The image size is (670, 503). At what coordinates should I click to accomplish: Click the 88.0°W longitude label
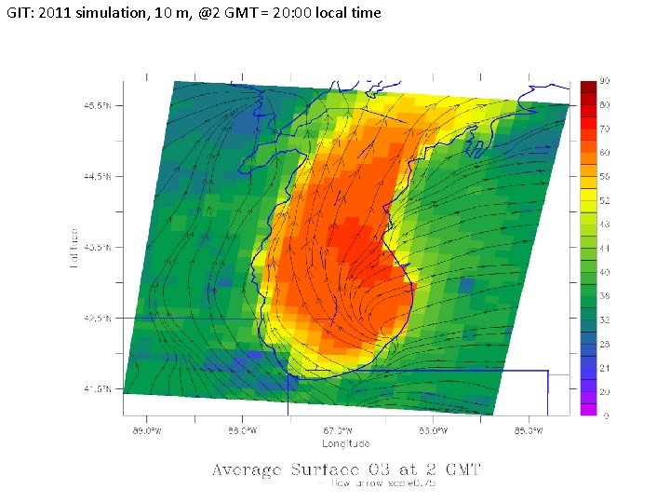coord(241,431)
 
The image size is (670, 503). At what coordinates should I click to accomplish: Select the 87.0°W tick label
coord(337,431)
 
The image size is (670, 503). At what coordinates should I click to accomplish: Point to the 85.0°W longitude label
coord(528,431)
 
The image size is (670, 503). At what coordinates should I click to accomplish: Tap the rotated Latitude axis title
coord(74,247)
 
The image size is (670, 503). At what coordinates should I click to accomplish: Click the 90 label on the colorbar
coord(605,81)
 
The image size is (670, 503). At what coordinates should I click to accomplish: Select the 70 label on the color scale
coord(605,129)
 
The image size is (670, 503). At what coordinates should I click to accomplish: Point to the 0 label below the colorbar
coord(606,415)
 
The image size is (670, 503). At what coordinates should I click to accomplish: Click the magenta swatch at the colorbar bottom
coord(588,409)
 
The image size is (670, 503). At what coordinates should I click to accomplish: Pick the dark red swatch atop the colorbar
coord(588,88)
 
